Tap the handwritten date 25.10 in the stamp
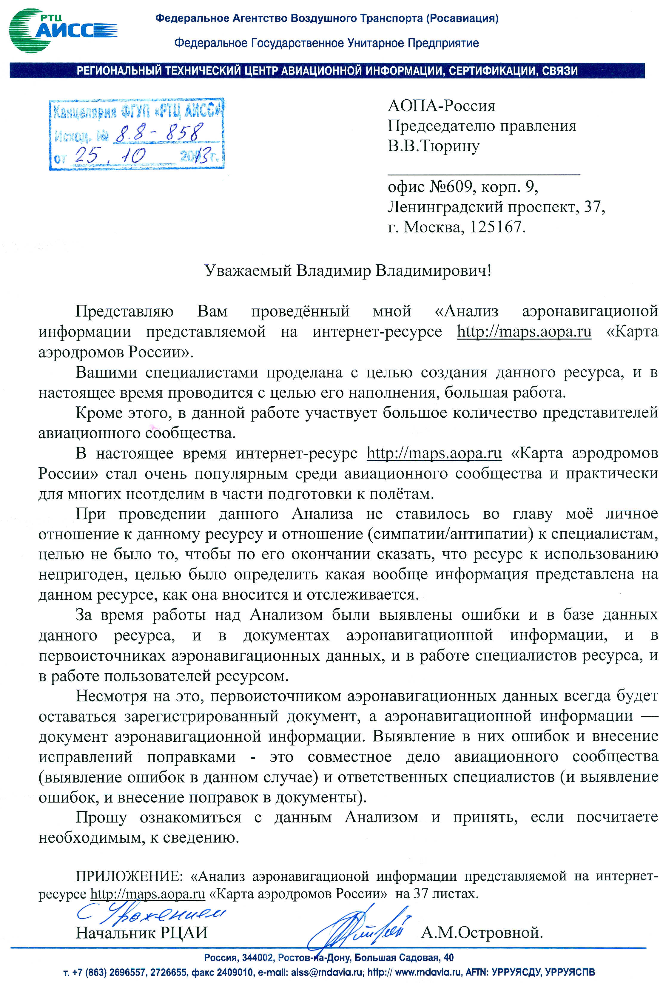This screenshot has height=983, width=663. coord(110,156)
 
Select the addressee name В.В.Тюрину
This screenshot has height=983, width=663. coord(434,146)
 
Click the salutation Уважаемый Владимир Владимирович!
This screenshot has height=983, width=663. coord(348,271)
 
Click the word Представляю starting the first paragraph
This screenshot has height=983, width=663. coord(124,311)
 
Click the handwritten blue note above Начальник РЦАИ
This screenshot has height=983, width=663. coord(150,914)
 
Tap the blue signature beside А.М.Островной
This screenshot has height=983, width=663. coord(360,928)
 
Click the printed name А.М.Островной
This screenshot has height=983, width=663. coord(482,932)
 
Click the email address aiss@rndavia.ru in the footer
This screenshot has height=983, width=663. coord(327,972)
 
